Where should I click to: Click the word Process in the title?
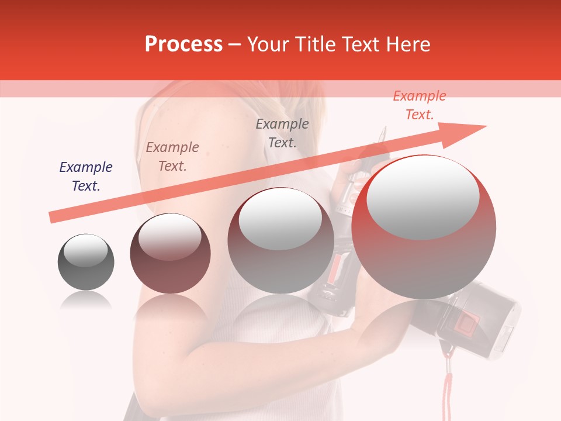pyautogui.click(x=183, y=44)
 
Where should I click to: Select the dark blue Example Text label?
pyautogui.click(x=86, y=177)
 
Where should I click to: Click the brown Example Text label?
pyautogui.click(x=172, y=157)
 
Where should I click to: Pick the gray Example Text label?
pyautogui.click(x=282, y=133)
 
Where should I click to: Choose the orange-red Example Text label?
pyautogui.click(x=420, y=105)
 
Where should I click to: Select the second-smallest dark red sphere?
pyautogui.click(x=170, y=254)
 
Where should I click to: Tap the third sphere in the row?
pyautogui.click(x=280, y=241)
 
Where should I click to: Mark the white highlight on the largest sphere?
pyautogui.click(x=423, y=199)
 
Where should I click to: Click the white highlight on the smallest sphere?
pyautogui.click(x=85, y=250)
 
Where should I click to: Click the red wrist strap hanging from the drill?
pyautogui.click(x=448, y=386)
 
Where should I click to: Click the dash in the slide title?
pyautogui.click(x=235, y=44)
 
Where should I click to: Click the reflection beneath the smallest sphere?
pyautogui.click(x=86, y=301)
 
